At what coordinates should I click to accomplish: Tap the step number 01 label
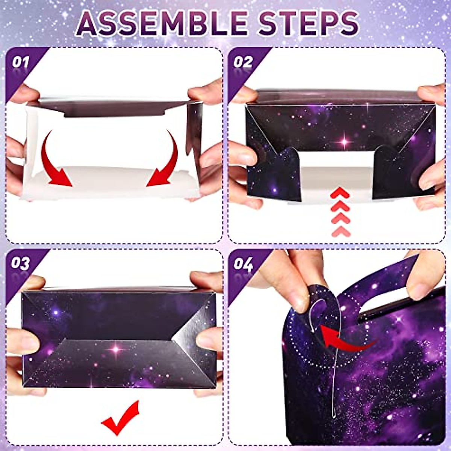coord(20,62)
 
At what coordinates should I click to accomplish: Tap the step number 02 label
coord(243,62)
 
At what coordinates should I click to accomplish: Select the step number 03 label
coord(20,263)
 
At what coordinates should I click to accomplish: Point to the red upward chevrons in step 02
coord(341,212)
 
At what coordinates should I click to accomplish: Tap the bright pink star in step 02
coord(345,142)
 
